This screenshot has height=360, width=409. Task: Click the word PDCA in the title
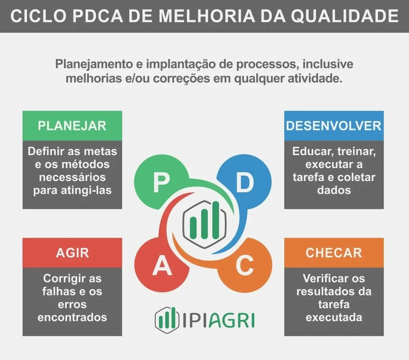pyautogui.click(x=98, y=16)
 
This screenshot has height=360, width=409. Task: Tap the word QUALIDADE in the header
pyautogui.click(x=345, y=16)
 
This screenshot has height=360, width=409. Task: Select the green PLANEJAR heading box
pyautogui.click(x=72, y=125)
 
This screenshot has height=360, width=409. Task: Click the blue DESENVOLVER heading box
pyautogui.click(x=334, y=125)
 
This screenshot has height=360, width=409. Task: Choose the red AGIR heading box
pyautogui.click(x=72, y=253)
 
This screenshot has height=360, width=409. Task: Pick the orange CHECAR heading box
pyautogui.click(x=334, y=253)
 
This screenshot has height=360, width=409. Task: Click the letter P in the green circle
pyautogui.click(x=161, y=183)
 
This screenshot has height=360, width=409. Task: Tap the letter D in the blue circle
pyautogui.click(x=245, y=183)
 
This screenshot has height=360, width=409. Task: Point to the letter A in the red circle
pyautogui.click(x=162, y=265)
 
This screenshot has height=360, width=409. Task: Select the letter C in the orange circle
pyautogui.click(x=244, y=265)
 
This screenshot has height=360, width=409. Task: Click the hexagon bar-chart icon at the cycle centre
pyautogui.click(x=204, y=224)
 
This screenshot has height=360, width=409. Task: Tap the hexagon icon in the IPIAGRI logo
pyautogui.click(x=167, y=320)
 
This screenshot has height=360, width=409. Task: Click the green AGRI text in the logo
pyautogui.click(x=232, y=320)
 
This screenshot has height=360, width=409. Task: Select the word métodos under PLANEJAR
pyautogui.click(x=86, y=164)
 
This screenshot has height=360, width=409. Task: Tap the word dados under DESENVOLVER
pyautogui.click(x=334, y=190)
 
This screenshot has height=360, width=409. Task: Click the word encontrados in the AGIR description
pyautogui.click(x=72, y=317)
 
